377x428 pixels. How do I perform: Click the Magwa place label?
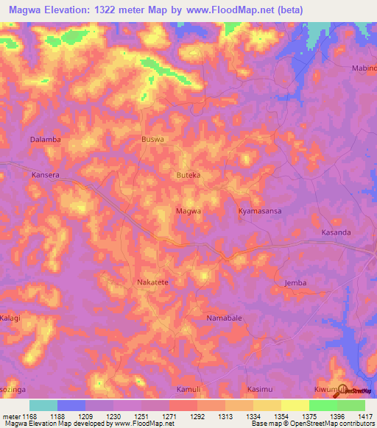pyautogui.click(x=188, y=211)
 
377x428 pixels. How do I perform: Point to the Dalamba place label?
pyautogui.click(x=45, y=138)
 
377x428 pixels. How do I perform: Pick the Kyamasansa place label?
pyautogui.click(x=259, y=211)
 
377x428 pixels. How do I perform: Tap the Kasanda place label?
pyautogui.click(x=336, y=232)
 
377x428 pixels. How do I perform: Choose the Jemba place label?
pyautogui.click(x=295, y=282)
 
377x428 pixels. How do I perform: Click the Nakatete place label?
pyautogui.click(x=152, y=282)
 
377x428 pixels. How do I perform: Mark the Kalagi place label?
pyautogui.click(x=10, y=318)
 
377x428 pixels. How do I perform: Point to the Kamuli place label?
pyautogui.click(x=188, y=388)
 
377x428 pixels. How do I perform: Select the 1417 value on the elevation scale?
pyautogui.click(x=365, y=416)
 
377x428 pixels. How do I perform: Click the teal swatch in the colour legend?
pyautogui.click(x=43, y=405)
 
